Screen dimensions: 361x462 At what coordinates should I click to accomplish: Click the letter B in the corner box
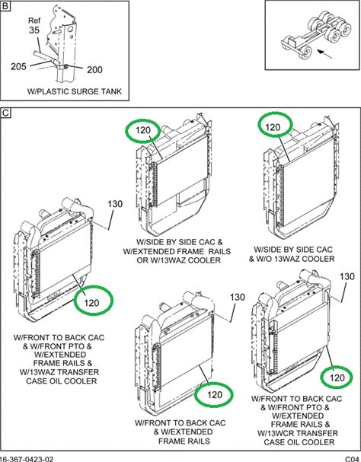[x=5, y=6]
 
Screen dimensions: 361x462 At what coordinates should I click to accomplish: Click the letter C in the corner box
[x=5, y=113]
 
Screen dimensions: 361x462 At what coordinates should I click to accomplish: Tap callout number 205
[x=18, y=66]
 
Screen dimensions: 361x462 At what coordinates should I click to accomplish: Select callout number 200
[x=94, y=70]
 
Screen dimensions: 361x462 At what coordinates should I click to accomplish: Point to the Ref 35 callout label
[x=34, y=25]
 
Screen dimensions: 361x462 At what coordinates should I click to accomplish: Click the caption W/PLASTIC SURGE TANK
[x=75, y=91]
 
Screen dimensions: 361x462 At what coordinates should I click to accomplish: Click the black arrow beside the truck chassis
[x=325, y=53]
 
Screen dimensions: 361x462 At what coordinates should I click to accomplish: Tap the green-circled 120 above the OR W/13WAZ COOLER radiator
[x=143, y=130]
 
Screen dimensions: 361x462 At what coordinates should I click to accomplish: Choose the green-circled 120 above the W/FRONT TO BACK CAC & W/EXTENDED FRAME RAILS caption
[x=215, y=395]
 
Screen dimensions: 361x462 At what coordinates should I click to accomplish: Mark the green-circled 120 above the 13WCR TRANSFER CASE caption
[x=337, y=378]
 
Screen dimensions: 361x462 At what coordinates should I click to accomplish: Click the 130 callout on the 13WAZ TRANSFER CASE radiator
[x=115, y=204]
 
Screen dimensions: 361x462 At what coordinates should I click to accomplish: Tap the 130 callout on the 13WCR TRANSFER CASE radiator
[x=347, y=277]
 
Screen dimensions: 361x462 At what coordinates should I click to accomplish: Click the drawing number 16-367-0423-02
[x=27, y=459]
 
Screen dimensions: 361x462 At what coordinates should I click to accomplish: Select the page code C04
[x=352, y=459]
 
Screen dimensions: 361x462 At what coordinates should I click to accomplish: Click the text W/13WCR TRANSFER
[x=298, y=433]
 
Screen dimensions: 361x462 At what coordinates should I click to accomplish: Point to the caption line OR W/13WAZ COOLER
[x=178, y=260]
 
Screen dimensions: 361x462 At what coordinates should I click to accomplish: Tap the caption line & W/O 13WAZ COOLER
[x=292, y=259]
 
